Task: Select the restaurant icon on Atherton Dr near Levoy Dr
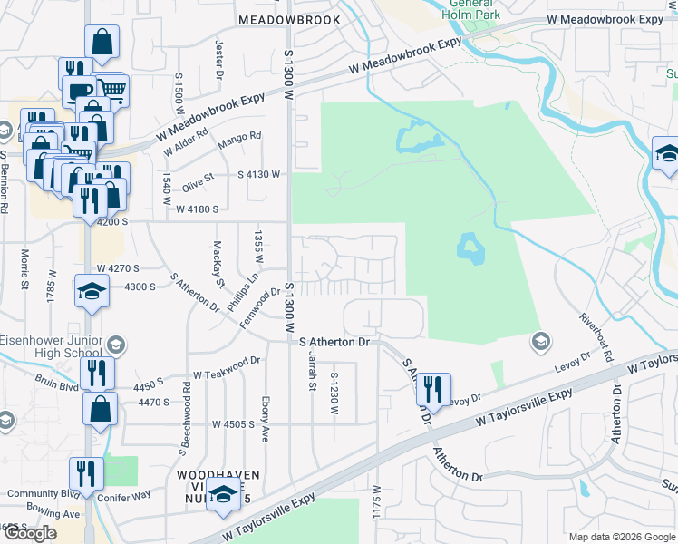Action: click(x=433, y=390)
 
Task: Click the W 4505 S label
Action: click(x=234, y=423)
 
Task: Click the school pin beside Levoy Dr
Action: click(x=540, y=341)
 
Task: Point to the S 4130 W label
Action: click(x=259, y=173)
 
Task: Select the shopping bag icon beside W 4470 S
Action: click(x=100, y=408)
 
